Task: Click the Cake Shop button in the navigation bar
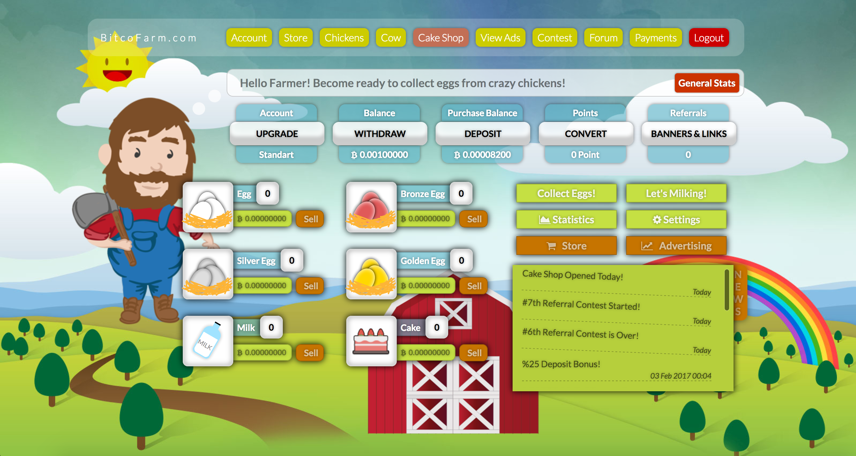[x=440, y=38]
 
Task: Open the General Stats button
[x=706, y=83]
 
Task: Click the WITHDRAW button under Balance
[x=380, y=134]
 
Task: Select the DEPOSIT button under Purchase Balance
[x=483, y=134]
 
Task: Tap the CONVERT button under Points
[x=586, y=134]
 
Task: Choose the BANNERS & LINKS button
[x=688, y=134]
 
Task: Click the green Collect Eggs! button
[x=566, y=193]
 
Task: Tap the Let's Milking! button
[x=676, y=193]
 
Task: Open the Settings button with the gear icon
[x=676, y=219]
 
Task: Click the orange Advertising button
[x=676, y=246]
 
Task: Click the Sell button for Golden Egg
[x=474, y=286]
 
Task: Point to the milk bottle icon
[x=208, y=340]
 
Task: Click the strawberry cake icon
[x=371, y=341]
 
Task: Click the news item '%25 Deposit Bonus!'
[x=561, y=364]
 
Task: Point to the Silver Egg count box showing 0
[x=292, y=260]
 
